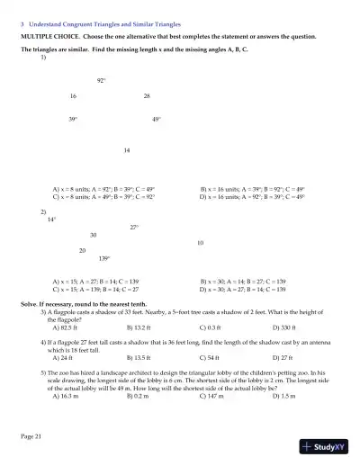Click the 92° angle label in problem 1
coord(102,81)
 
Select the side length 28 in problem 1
coord(147,96)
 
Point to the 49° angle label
coord(157,120)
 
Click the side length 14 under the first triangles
coord(127,149)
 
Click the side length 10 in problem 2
coord(200,243)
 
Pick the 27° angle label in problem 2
coord(134,227)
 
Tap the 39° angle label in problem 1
coord(73,120)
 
